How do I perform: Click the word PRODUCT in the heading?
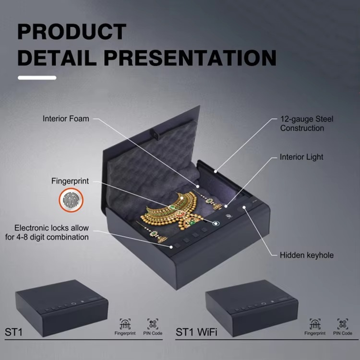pos(72,32)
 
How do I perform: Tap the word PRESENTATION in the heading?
pos(190,58)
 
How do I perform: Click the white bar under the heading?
pos(37,78)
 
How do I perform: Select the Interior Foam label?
pos(66,119)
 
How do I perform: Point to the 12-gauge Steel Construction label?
pos(307,123)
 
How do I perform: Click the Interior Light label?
pos(301,157)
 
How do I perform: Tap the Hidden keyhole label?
pos(307,255)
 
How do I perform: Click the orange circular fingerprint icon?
pos(71,200)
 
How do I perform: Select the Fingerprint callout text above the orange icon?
pos(70,181)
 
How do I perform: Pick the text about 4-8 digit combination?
pos(47,232)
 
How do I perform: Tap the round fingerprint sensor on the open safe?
pos(216,223)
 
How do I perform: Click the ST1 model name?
pos(13,332)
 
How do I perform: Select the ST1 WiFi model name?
pos(196,332)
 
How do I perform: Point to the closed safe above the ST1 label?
pos(62,308)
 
